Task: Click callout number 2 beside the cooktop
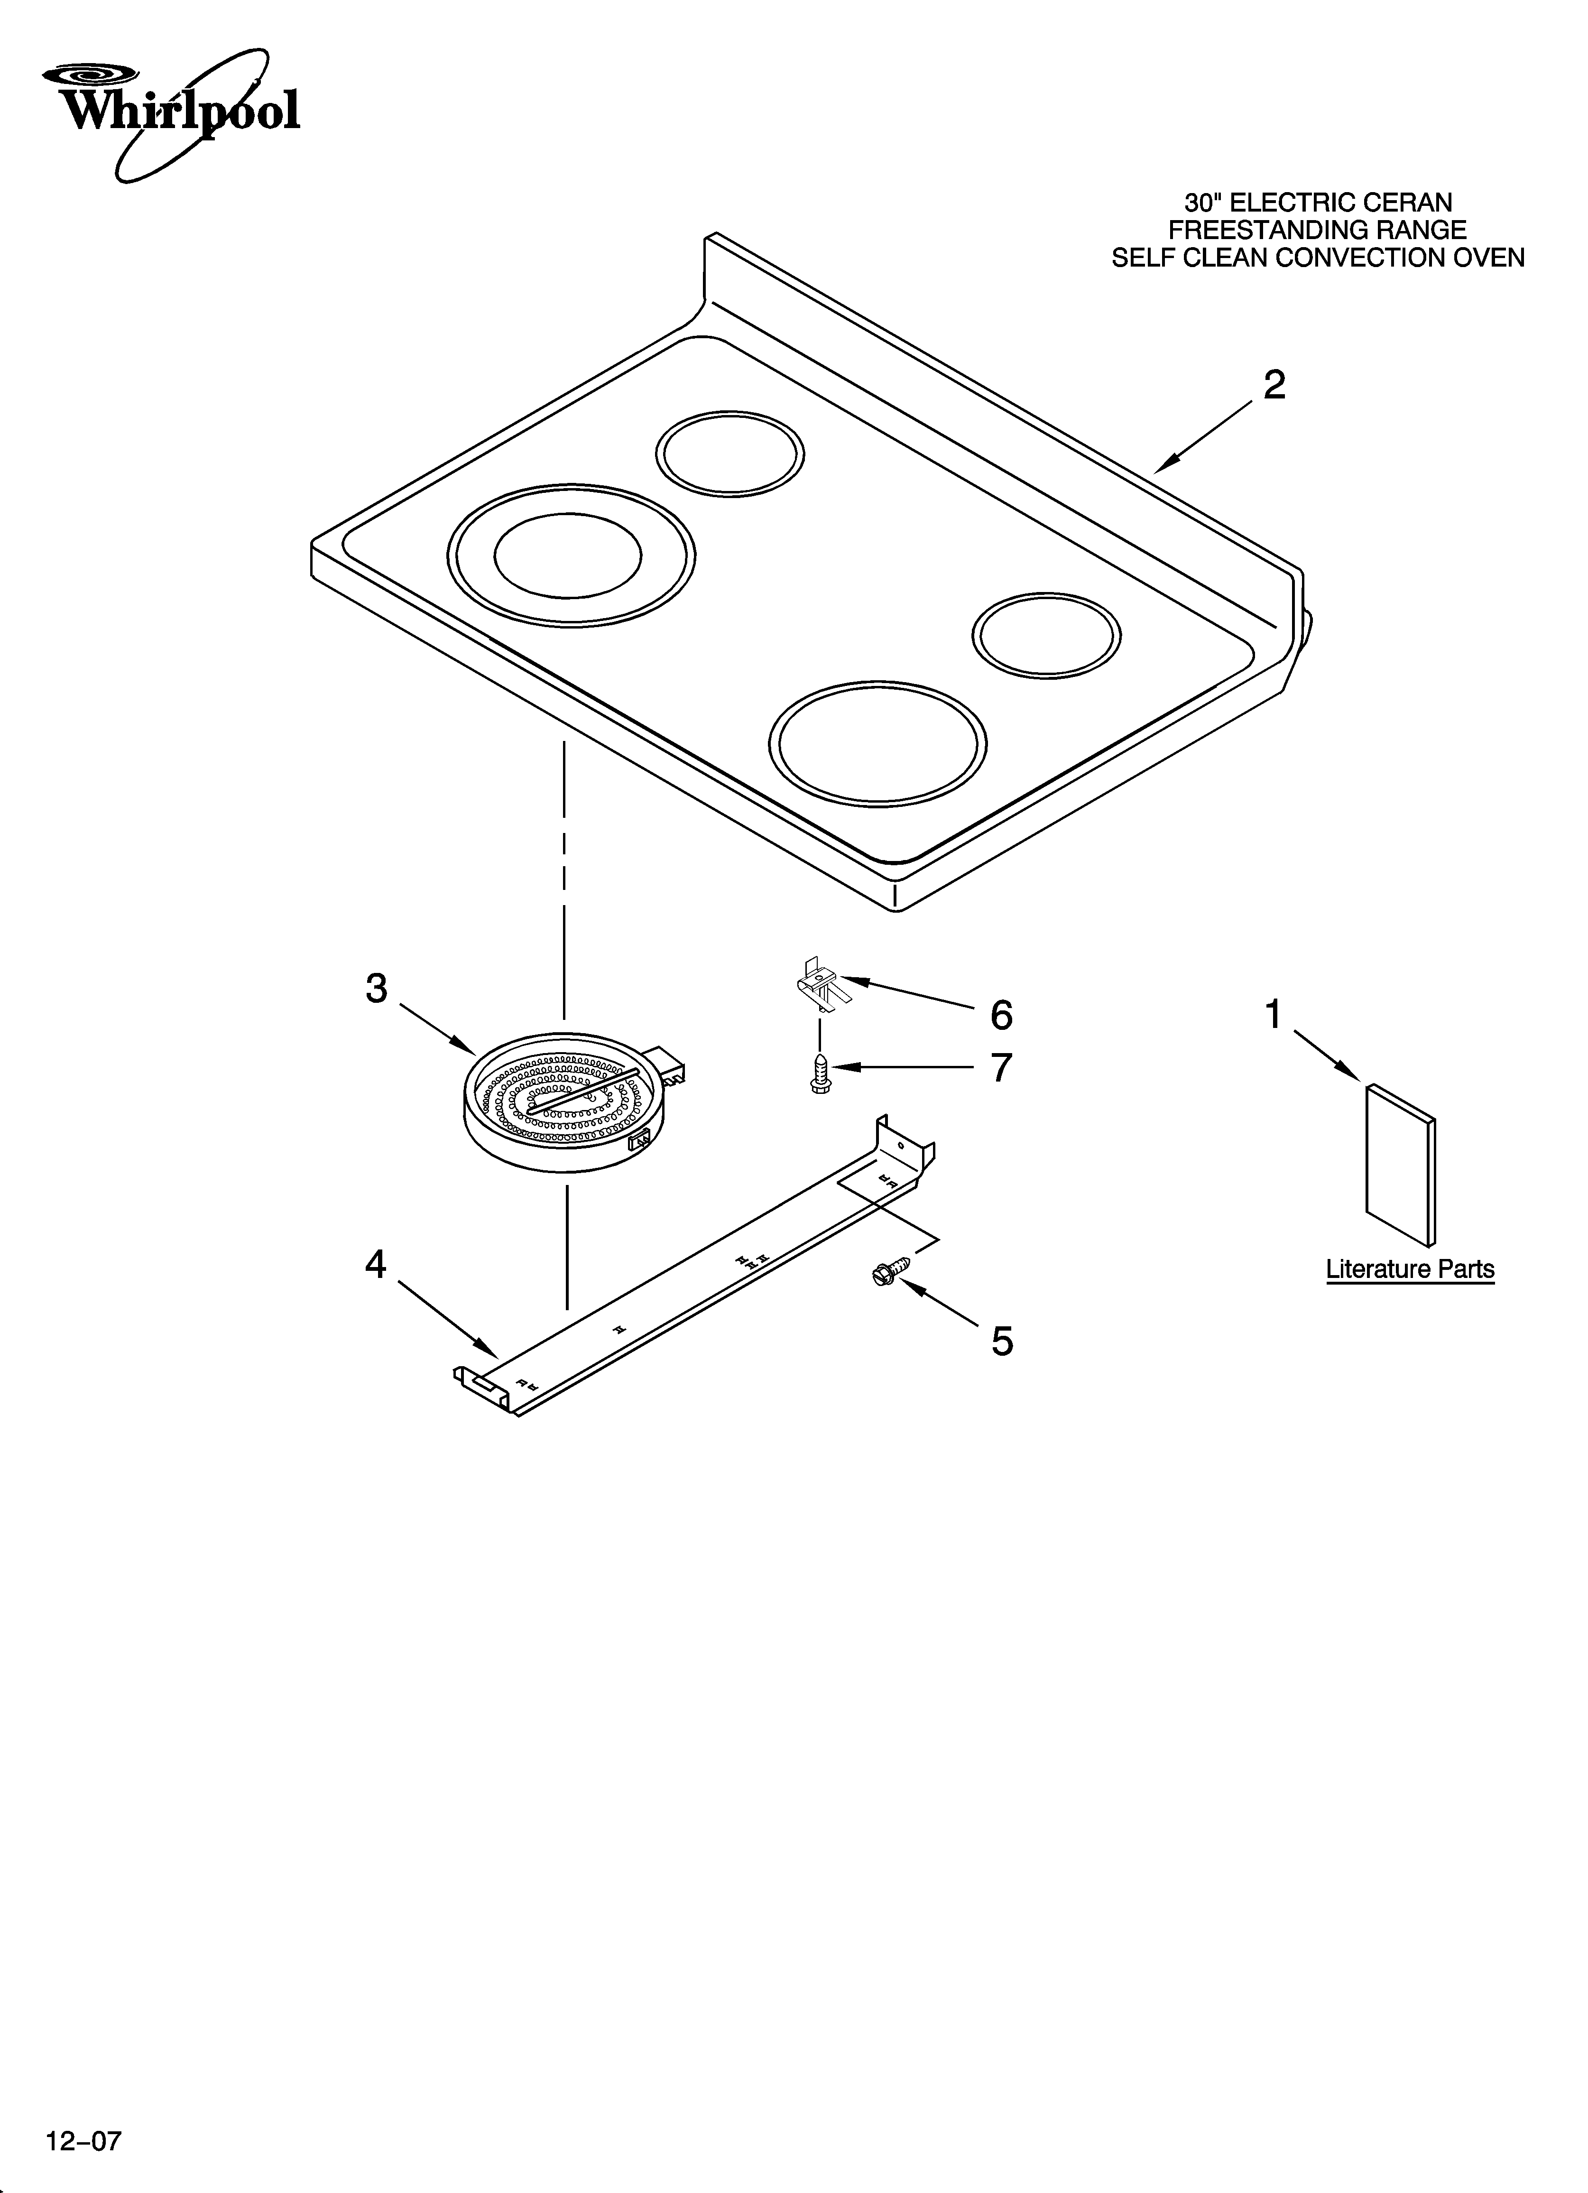pyautogui.click(x=1274, y=386)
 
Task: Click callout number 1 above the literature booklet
pyautogui.click(x=1274, y=1015)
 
